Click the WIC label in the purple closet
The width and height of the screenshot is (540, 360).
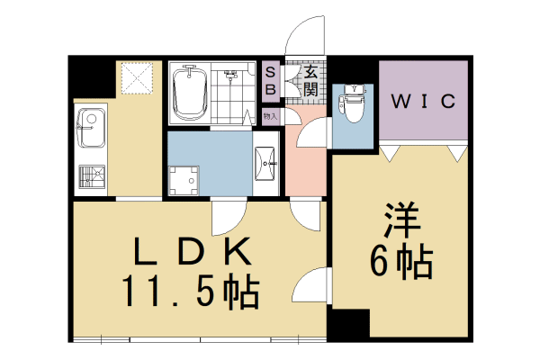point(423,102)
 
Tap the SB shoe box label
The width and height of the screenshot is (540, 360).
point(271,81)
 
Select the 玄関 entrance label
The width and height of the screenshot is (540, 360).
point(310,82)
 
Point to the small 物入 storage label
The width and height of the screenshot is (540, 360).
point(270,116)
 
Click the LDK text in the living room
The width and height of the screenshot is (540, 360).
point(193,251)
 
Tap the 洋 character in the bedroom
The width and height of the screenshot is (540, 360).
point(401,220)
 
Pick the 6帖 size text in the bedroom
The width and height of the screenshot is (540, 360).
point(401,261)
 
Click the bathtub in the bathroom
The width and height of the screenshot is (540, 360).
point(190,92)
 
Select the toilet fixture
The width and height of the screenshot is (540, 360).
point(352,103)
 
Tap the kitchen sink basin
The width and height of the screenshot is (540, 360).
point(91,128)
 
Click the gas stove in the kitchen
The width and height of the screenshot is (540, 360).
point(92,176)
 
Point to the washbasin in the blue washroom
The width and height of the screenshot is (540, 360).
point(265,164)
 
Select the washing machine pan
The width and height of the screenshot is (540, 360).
point(184,181)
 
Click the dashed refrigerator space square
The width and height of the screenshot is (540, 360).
point(137,78)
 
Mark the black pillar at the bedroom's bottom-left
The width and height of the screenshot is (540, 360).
point(348,326)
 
